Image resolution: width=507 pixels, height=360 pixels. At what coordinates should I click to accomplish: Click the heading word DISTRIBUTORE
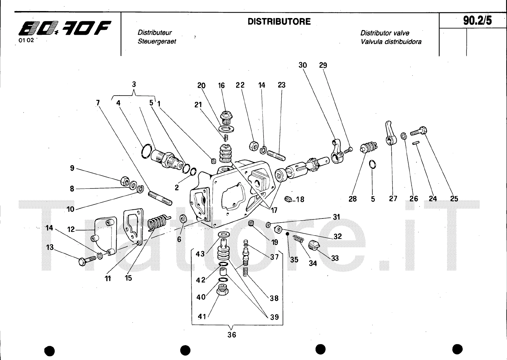pos(279,22)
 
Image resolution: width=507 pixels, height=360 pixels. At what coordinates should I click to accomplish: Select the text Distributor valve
pos(385,33)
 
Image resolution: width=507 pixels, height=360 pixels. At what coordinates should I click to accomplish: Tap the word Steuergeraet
pos(157,41)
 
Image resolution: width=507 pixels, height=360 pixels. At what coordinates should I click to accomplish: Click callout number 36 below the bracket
pos(232,335)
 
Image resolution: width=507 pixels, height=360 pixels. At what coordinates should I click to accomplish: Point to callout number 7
pos(98,103)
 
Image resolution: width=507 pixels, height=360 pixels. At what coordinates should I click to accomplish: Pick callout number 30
pos(303,65)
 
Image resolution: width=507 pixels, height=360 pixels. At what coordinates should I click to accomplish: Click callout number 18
pos(300,199)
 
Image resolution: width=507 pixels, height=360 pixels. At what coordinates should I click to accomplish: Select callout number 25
pos(454,199)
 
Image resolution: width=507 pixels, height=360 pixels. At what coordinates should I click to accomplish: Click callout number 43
pos(200,254)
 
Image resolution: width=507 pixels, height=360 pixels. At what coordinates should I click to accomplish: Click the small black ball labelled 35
pos(287,234)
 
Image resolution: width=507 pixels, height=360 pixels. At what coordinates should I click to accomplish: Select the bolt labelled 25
pos(419,131)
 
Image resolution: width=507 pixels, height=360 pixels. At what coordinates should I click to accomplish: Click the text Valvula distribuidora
pos(391,42)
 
